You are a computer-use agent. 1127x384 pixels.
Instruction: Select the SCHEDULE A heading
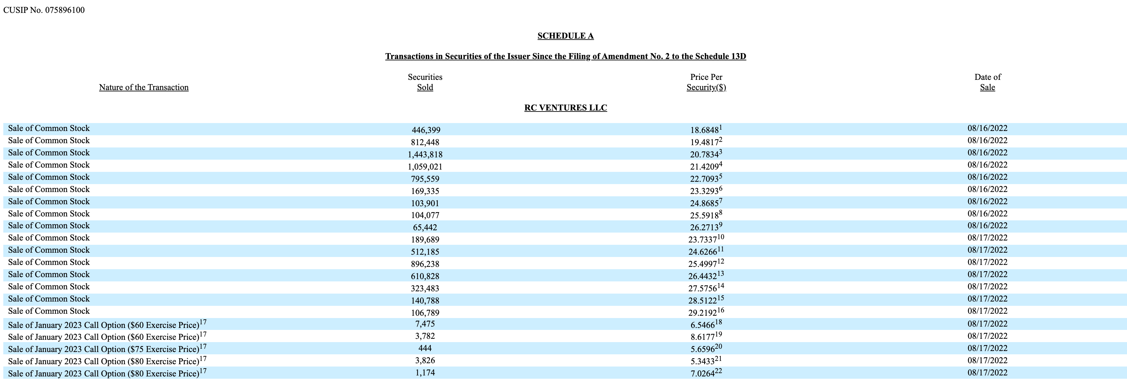point(565,36)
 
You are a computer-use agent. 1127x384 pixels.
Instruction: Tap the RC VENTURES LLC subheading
point(565,108)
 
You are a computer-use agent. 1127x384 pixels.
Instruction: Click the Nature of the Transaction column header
point(143,87)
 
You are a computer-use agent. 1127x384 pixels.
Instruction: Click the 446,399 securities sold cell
point(426,130)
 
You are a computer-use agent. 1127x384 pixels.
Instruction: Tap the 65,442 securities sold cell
point(425,228)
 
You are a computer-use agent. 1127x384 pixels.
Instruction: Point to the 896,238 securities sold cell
point(425,264)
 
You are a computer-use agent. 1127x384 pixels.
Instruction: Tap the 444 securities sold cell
point(425,348)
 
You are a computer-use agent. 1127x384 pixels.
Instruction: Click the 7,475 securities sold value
point(425,324)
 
